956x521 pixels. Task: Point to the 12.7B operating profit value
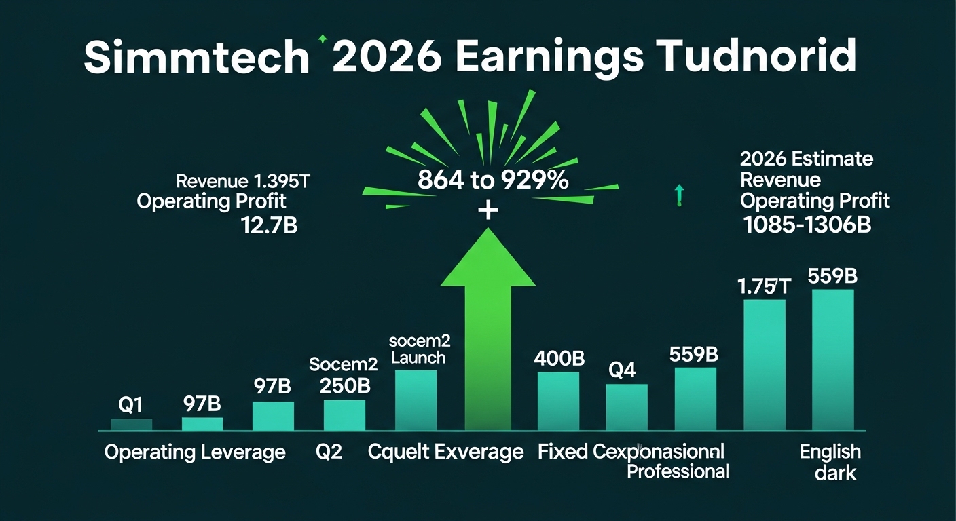coord(269,225)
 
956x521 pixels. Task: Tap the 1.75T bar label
coord(764,286)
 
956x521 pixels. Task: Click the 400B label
coord(559,358)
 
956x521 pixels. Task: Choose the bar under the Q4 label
coord(627,407)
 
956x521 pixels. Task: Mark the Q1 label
coord(130,405)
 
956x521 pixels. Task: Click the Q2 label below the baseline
coord(329,452)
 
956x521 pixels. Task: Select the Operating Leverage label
coord(195,452)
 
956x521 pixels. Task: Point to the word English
coord(830,452)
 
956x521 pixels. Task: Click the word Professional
coord(678,471)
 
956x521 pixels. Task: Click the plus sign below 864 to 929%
coord(488,211)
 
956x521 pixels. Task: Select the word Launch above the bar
coord(419,358)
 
